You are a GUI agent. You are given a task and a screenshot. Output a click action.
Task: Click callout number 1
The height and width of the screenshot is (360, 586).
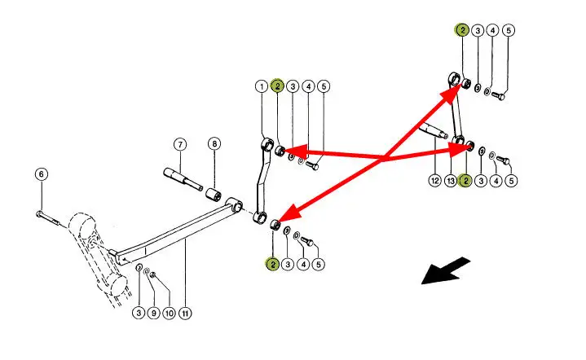coord(262,86)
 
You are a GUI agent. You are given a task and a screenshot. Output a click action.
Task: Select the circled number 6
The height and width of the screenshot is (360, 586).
coord(42,173)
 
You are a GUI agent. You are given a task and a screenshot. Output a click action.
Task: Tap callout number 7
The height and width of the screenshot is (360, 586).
coord(180,145)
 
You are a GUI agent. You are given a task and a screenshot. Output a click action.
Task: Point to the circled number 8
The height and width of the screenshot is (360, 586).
coord(214,144)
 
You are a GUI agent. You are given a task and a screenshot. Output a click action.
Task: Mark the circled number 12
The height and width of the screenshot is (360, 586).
coord(434,180)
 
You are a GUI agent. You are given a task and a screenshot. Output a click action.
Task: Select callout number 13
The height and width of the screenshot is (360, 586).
coord(450,180)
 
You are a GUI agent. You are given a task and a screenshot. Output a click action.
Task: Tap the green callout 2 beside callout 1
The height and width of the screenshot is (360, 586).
coord(277,86)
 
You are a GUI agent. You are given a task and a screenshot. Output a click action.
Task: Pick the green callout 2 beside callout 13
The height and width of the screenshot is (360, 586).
coord(465,180)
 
